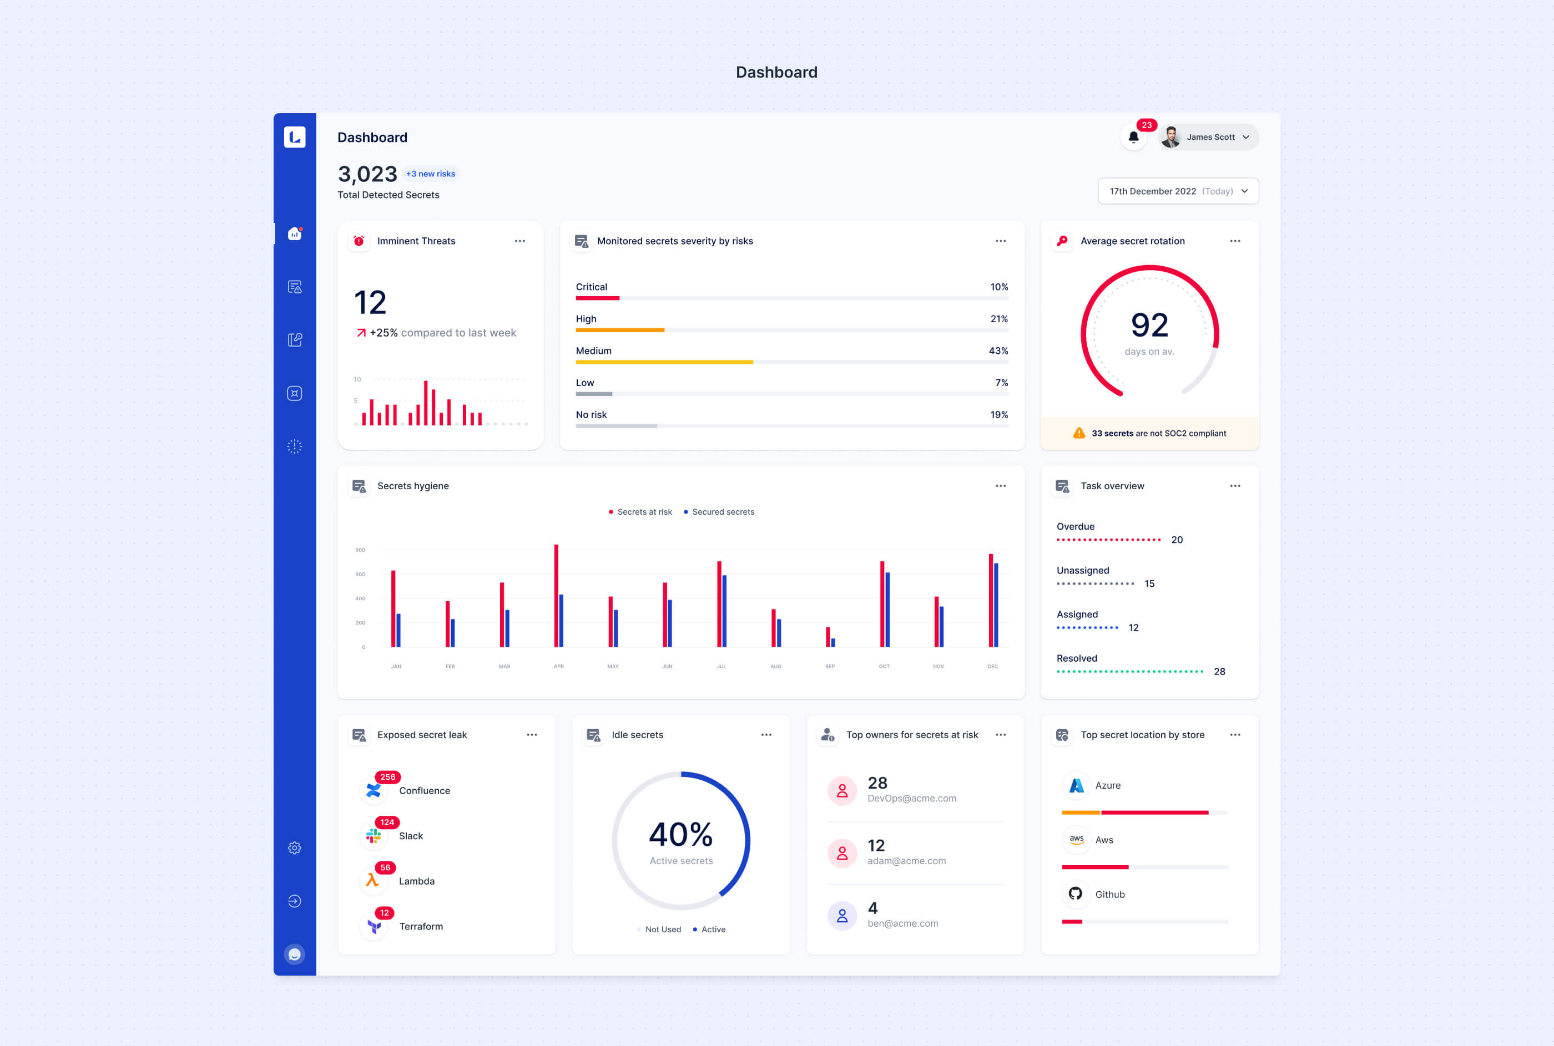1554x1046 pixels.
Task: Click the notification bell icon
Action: click(1133, 138)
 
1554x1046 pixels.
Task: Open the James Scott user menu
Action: click(1208, 138)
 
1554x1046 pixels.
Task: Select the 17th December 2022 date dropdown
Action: click(1178, 191)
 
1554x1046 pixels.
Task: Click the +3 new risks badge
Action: click(431, 174)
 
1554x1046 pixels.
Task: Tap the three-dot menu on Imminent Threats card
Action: click(520, 241)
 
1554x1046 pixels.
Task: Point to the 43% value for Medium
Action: click(998, 351)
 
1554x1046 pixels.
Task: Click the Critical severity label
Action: click(592, 287)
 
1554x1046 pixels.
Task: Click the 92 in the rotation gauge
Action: click(1149, 326)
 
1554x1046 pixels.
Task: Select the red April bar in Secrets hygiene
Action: click(556, 596)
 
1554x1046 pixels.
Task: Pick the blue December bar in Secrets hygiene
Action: click(996, 605)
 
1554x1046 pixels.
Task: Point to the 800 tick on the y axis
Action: click(360, 550)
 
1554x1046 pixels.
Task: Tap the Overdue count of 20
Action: click(1177, 540)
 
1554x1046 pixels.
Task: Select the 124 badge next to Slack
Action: click(387, 822)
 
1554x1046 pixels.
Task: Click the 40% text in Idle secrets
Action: click(681, 835)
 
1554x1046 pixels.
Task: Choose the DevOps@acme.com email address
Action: click(912, 799)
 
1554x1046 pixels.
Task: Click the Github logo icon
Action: click(1076, 893)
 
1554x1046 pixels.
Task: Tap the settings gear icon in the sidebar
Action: click(294, 848)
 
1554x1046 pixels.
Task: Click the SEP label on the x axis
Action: click(830, 667)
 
